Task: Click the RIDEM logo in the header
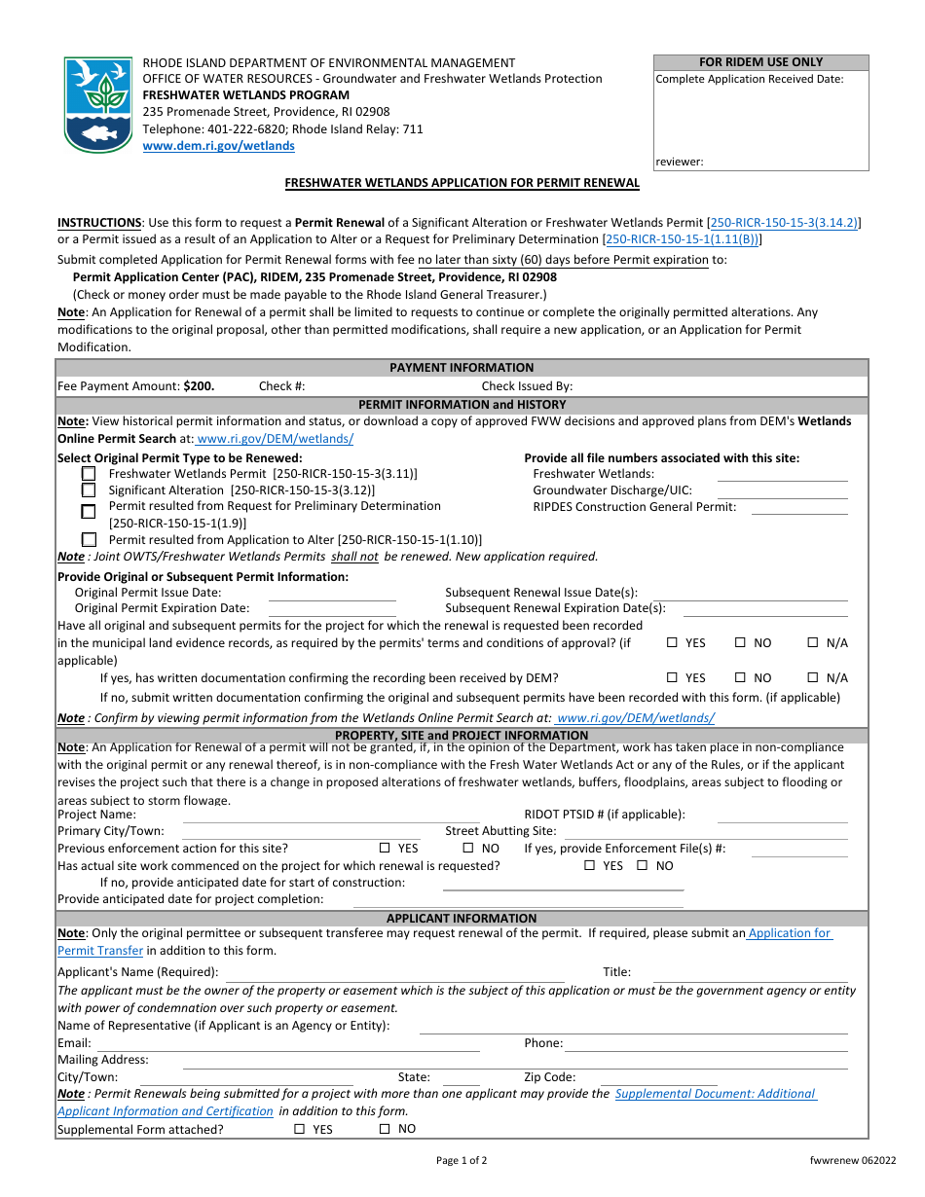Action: pos(97,104)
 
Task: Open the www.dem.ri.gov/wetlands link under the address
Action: pos(218,146)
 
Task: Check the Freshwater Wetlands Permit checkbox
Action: pos(89,474)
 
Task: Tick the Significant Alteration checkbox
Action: pos(89,490)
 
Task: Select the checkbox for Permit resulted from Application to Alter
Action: pos(89,539)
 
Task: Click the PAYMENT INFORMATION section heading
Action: pos(462,368)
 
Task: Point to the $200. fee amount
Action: pos(199,386)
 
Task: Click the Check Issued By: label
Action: pos(527,386)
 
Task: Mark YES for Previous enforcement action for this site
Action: pos(385,849)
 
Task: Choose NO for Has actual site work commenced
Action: pos(643,866)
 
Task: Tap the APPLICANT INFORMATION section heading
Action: pos(462,919)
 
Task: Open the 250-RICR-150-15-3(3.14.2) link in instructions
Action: pos(785,223)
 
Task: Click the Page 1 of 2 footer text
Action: pos(462,1160)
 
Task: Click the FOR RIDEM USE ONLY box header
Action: pos(760,62)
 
